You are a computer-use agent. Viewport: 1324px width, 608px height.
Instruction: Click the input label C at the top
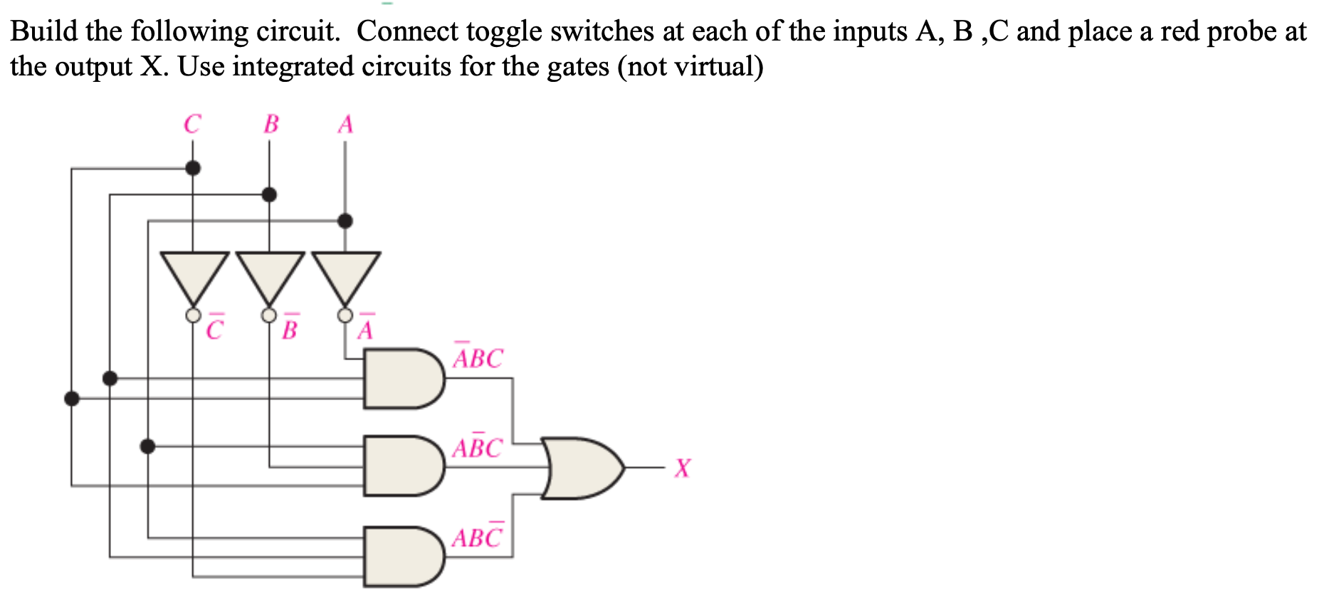(x=192, y=124)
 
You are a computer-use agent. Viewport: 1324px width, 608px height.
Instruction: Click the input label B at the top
(x=271, y=124)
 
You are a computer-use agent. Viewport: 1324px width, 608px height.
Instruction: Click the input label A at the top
(x=345, y=125)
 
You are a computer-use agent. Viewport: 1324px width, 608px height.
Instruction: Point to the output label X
(x=682, y=468)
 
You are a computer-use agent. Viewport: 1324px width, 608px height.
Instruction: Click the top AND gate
(x=402, y=379)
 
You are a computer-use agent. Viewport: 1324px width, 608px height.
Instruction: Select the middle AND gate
(x=402, y=466)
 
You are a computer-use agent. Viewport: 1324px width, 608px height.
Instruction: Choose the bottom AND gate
(x=402, y=557)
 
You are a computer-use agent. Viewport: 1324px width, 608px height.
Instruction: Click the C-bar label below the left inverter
(x=214, y=329)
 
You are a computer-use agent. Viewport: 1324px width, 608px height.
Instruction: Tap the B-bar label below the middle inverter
(x=290, y=329)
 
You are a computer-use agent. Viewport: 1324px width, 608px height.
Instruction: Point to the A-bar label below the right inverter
(x=365, y=329)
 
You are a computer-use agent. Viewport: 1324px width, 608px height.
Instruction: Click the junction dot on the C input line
(x=192, y=168)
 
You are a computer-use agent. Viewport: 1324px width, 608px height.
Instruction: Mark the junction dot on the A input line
(x=345, y=221)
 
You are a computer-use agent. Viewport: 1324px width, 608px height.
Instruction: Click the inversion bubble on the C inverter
(x=193, y=315)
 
